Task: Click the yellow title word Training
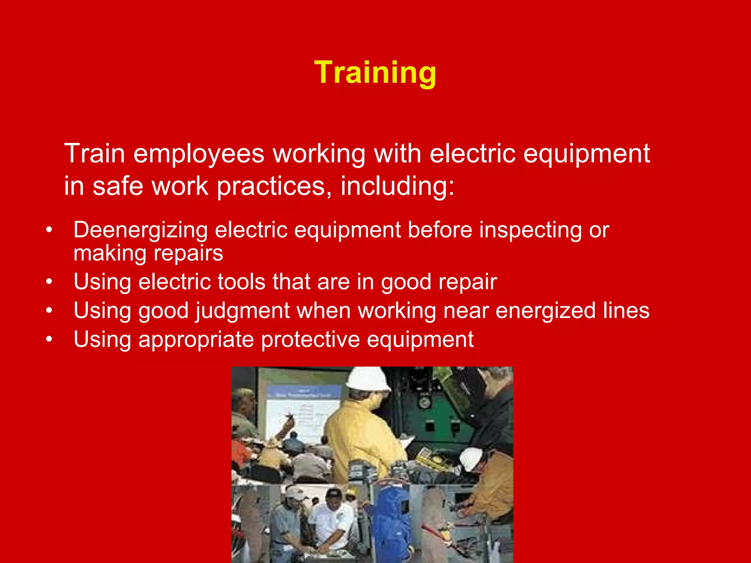tap(375, 73)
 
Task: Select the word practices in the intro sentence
tap(271, 186)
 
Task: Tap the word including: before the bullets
tap(398, 186)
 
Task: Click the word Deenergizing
tap(140, 231)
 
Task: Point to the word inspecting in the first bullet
tap(530, 231)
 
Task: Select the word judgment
tap(242, 311)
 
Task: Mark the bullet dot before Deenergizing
tap(49, 231)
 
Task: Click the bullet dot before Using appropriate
tap(49, 339)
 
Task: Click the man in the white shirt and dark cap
tap(332, 520)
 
